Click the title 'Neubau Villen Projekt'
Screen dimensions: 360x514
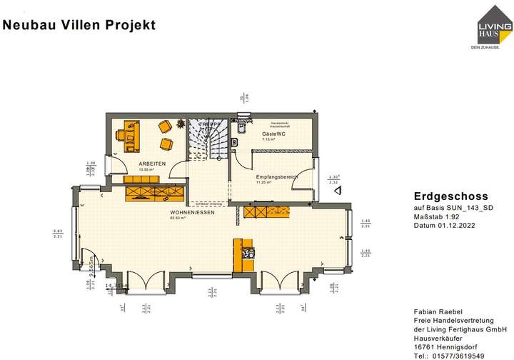coord(79,26)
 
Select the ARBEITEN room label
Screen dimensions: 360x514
coord(152,164)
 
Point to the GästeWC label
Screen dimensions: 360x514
coord(273,134)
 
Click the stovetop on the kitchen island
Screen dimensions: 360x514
coord(249,251)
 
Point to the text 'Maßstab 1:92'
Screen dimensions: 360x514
coord(438,216)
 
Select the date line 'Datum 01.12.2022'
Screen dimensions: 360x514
coord(443,225)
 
